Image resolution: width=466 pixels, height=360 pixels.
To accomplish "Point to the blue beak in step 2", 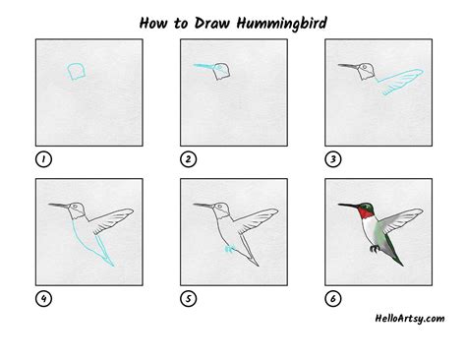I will [202, 67].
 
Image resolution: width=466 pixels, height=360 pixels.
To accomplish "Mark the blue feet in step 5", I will [228, 249].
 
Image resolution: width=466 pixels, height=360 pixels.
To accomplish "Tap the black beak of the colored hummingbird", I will [348, 206].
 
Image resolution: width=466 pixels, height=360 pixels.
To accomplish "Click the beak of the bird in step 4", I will [59, 206].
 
